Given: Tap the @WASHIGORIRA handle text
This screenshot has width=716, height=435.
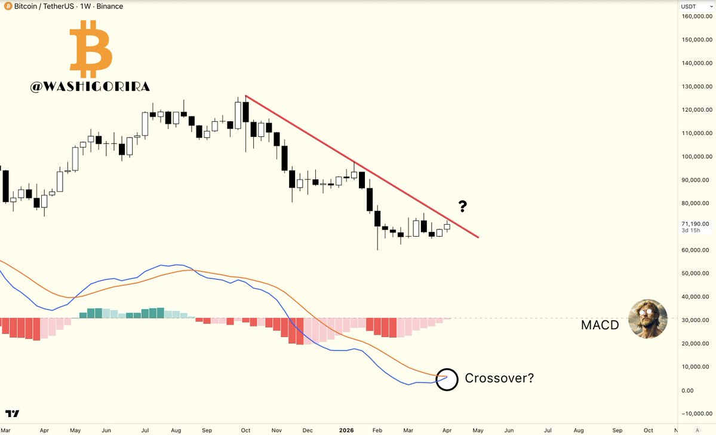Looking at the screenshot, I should pyautogui.click(x=90, y=87).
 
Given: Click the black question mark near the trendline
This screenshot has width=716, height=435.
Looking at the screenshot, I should pyautogui.click(x=462, y=207).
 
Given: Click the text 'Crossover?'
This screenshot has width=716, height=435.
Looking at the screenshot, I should pyautogui.click(x=499, y=378).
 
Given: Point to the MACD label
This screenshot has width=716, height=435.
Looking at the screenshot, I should pyautogui.click(x=600, y=326).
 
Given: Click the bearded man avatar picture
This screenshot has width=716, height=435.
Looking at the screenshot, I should pyautogui.click(x=649, y=319).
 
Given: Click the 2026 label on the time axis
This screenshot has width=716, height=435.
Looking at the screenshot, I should pyautogui.click(x=347, y=430).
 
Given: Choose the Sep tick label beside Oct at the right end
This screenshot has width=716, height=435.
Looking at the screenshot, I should pyautogui.click(x=617, y=430).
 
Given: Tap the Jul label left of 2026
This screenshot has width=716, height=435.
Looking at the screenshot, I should pyautogui.click(x=145, y=430).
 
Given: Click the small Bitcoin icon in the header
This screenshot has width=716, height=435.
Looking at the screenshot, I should pyautogui.click(x=6, y=7).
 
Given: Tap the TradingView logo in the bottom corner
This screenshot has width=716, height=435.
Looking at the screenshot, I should pyautogui.click(x=13, y=413).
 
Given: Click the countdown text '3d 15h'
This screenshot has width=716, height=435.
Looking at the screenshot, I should pyautogui.click(x=692, y=231).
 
